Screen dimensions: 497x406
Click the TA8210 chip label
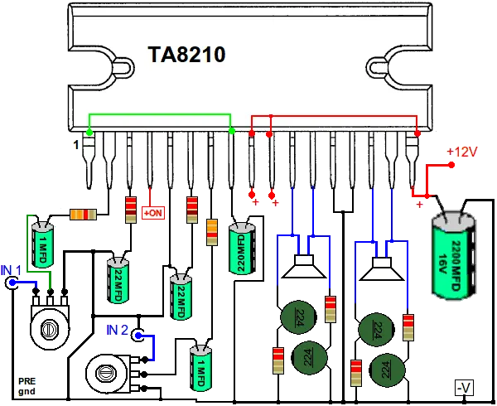186,54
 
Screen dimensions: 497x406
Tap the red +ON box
153,213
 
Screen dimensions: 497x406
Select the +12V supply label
462,152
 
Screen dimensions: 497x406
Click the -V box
464,387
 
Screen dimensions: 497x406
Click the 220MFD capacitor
242,249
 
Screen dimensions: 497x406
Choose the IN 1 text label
11,270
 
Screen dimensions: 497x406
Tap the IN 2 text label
118,330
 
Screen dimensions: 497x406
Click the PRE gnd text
27,386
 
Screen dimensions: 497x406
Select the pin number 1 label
76,145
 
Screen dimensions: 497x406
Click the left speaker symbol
304,266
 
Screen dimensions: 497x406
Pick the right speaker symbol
382,269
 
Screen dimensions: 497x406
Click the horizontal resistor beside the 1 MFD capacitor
83,215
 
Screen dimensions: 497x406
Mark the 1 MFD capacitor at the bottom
200,368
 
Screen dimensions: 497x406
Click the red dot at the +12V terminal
451,165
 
